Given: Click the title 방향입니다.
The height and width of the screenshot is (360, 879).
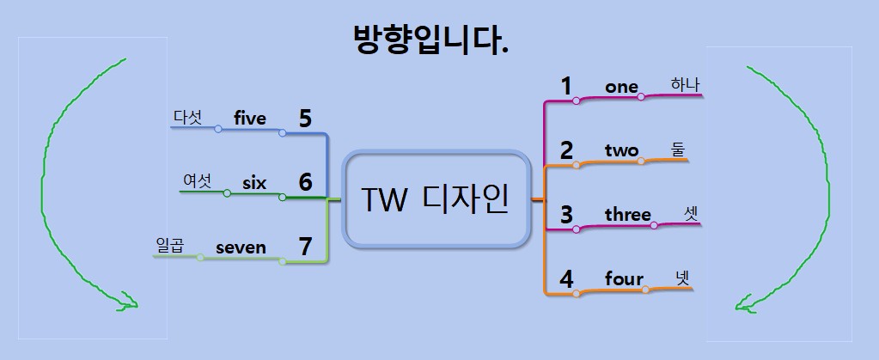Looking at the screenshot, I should (430, 40).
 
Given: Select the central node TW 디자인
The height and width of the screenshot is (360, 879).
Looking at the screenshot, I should (435, 199).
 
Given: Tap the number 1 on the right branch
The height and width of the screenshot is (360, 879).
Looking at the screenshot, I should (566, 86).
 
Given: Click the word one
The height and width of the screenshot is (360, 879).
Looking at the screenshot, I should (621, 87).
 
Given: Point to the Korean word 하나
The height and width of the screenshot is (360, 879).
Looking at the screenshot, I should (685, 84).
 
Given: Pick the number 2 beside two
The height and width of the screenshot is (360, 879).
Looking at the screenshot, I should (566, 150).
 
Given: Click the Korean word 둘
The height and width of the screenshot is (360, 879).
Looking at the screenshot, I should (678, 149).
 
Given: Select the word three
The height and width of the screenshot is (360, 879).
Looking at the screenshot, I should (627, 214).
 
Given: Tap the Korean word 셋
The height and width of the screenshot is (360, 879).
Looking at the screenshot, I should (692, 212).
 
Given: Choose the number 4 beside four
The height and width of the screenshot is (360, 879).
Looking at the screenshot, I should (566, 279).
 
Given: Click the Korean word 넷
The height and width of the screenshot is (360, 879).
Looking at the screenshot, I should (682, 278).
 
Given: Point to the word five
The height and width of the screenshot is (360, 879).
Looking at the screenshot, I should (250, 118).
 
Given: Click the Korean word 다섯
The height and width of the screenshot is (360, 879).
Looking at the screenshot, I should (187, 117).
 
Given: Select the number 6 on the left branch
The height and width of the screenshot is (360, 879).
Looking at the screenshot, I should (305, 182).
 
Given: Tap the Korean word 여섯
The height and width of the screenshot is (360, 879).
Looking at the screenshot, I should (197, 180).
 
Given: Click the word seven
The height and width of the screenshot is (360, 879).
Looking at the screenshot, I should (241, 247).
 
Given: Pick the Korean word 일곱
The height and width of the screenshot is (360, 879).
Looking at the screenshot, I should (170, 246).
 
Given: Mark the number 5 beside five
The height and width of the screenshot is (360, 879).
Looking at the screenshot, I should (305, 119).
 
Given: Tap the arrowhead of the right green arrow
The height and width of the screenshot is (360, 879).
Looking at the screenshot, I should (744, 302).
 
